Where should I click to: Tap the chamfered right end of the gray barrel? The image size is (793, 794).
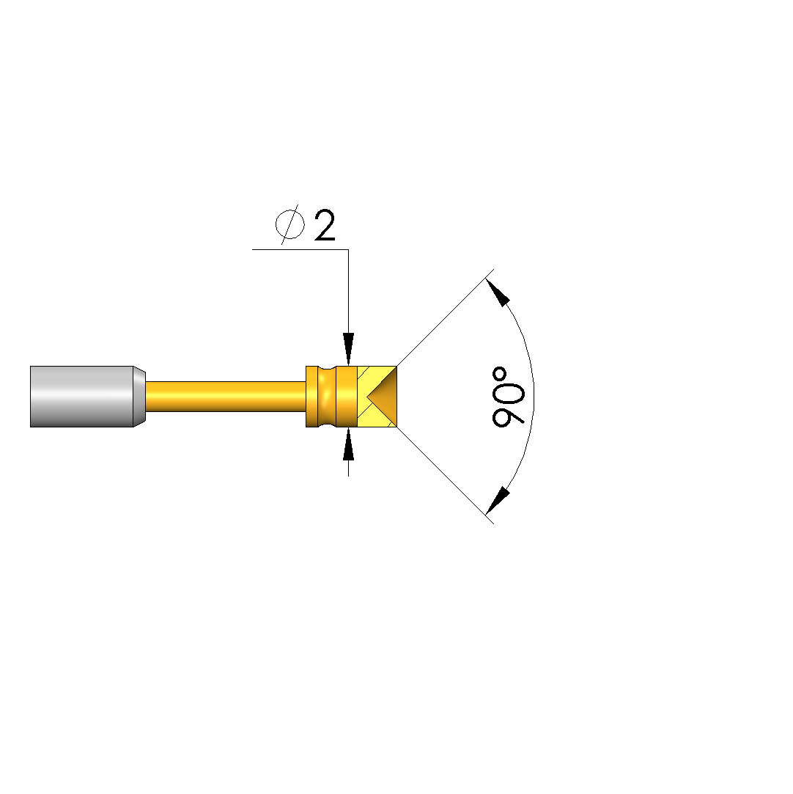[140, 397]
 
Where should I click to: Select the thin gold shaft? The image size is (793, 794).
[226, 397]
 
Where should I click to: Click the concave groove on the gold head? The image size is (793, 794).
[328, 397]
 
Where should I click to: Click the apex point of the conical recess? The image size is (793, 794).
[367, 397]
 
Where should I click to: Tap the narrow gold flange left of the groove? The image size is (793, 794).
[312, 397]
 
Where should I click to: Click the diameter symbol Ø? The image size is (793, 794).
[290, 224]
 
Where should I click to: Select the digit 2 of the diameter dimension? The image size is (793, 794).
[325, 225]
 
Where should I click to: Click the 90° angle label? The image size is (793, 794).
[508, 397]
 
